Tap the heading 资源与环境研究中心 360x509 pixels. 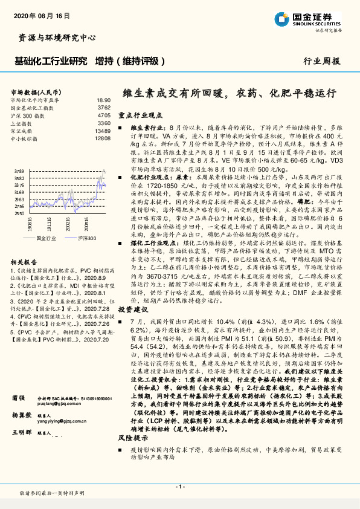click(x=53, y=37)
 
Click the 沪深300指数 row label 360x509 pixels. click(x=27, y=114)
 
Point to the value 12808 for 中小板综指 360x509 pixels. click(x=103, y=138)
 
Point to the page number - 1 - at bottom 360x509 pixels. click(x=180, y=485)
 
